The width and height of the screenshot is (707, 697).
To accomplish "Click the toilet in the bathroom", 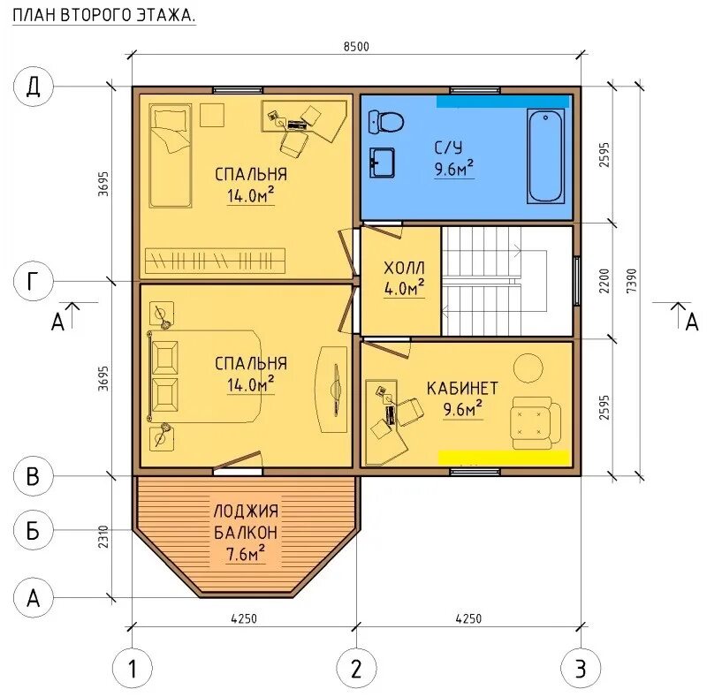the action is (x=386, y=122).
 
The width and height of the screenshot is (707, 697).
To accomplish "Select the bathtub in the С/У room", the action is (x=545, y=156).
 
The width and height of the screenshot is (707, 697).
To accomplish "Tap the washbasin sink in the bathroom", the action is (x=382, y=163).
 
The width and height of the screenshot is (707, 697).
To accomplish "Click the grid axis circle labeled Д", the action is (x=34, y=86).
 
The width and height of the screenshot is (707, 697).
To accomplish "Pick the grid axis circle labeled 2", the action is (x=356, y=668).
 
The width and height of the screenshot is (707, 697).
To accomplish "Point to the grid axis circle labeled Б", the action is (x=34, y=530).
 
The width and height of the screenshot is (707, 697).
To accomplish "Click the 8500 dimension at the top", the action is (x=356, y=47).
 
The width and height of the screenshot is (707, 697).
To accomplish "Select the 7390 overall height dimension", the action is (x=632, y=280).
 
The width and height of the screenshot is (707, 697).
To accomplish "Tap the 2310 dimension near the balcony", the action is (x=103, y=536).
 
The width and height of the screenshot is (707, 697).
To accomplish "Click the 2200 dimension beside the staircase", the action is (x=604, y=280).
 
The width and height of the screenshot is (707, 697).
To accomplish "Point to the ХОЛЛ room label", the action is (x=404, y=269).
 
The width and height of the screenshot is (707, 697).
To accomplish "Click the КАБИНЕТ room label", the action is (x=462, y=388).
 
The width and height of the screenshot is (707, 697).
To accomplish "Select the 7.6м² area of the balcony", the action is (x=246, y=554).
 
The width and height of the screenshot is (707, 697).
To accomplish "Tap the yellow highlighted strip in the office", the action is (x=504, y=458).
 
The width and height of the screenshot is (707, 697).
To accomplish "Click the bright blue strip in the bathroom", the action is (x=502, y=102).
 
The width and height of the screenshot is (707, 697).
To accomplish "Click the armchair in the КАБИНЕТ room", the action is (x=536, y=423).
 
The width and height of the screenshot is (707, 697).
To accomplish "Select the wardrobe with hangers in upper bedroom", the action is (x=215, y=260).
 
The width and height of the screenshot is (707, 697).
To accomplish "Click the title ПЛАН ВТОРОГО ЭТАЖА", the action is (x=104, y=16).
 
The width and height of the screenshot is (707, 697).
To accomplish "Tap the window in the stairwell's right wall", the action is (x=577, y=280).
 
